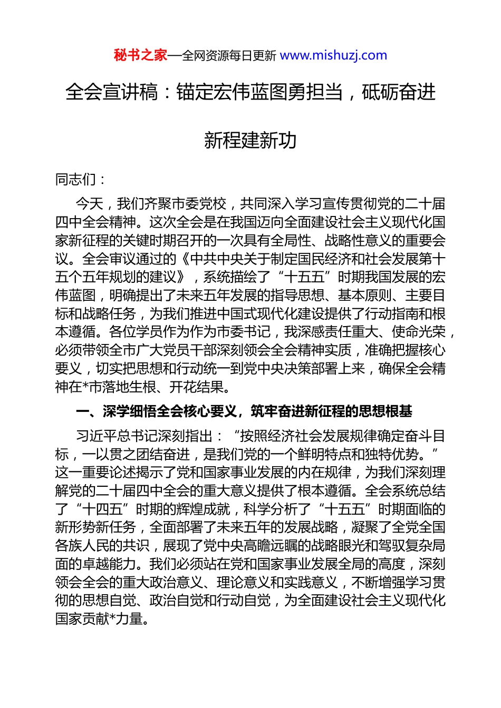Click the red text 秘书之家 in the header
click(x=140, y=55)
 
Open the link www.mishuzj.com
click(x=333, y=55)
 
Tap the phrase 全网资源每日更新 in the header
click(x=229, y=56)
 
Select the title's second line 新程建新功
click(x=250, y=140)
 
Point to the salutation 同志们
click(x=76, y=180)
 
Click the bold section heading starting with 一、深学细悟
click(x=244, y=411)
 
